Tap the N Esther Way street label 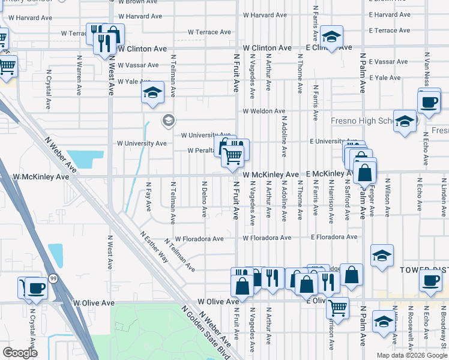pyautogui.click(x=154, y=247)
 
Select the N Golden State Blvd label pyautogui.click(x=205, y=332)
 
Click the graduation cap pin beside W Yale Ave pyautogui.click(x=153, y=93)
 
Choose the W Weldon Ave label pyautogui.click(x=264, y=112)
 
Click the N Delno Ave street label pyautogui.click(x=205, y=199)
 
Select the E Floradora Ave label pyautogui.click(x=334, y=238)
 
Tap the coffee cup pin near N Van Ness pyautogui.click(x=429, y=102)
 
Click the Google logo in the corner pyautogui.click(x=20, y=353)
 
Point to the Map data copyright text pyautogui.click(x=411, y=355)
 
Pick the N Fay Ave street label pyautogui.click(x=149, y=197)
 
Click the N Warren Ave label pyautogui.click(x=79, y=76)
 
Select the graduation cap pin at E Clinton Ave pyautogui.click(x=330, y=37)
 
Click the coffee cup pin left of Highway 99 pyautogui.click(x=36, y=289)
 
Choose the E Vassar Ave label pyautogui.click(x=389, y=62)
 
